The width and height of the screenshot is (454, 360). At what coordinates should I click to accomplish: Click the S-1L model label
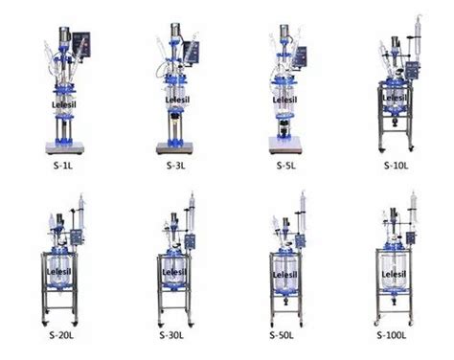click(x=62, y=171)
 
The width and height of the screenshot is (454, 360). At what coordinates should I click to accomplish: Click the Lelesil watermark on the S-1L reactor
click(x=59, y=96)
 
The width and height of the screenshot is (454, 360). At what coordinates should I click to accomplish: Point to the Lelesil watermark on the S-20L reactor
click(x=59, y=271)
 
